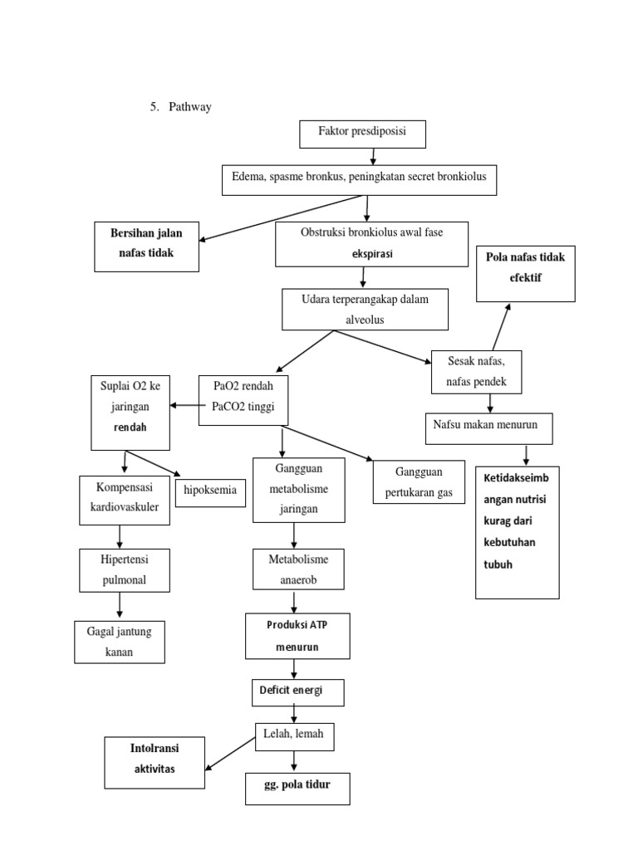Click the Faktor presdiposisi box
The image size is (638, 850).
pyautogui.click(x=362, y=134)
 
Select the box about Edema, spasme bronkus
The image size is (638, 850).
pyautogui.click(x=359, y=179)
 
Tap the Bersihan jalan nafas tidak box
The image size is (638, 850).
pyautogui.click(x=147, y=246)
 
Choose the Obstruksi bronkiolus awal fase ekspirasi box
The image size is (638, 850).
pyautogui.click(x=371, y=243)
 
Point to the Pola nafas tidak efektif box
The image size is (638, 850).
pyautogui.click(x=525, y=273)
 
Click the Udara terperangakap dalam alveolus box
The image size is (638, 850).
pyautogui.click(x=366, y=310)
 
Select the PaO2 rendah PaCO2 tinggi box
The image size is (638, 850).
pyautogui.click(x=243, y=400)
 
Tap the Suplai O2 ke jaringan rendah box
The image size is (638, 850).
pyautogui.click(x=130, y=413)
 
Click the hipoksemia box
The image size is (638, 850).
pyautogui.click(x=210, y=491)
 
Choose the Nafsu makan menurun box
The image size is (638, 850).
pyautogui.click(x=488, y=427)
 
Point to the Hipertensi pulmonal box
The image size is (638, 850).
pyautogui.click(x=124, y=570)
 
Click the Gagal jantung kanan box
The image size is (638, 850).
pyautogui.click(x=119, y=642)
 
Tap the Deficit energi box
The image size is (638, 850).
pyautogui.click(x=297, y=692)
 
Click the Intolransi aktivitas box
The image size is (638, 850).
pyautogui.click(x=155, y=763)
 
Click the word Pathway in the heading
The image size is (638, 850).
pyautogui.click(x=190, y=107)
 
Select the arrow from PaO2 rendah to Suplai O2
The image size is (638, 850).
pyautogui.click(x=184, y=405)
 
